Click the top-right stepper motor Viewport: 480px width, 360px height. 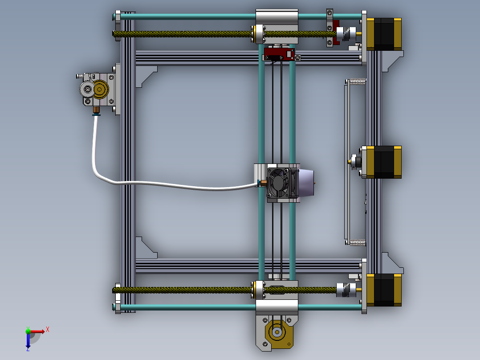(384, 34)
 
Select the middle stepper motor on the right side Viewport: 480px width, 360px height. (384, 162)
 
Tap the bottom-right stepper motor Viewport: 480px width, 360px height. (384, 290)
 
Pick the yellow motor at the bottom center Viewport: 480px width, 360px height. (277, 332)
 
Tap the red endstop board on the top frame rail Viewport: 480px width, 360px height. (279, 54)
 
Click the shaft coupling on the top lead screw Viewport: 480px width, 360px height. (346, 34)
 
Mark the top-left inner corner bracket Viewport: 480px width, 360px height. (145, 75)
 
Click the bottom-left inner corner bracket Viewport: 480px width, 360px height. (145, 249)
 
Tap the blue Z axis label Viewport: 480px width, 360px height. (28, 349)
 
